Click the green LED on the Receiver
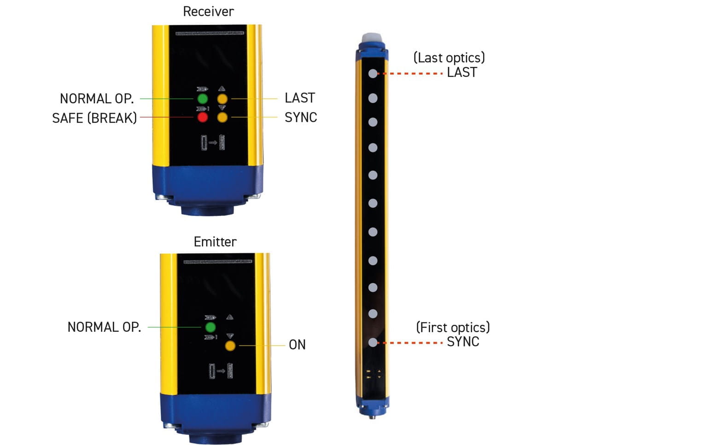click(x=202, y=99)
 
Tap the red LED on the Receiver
click(x=202, y=117)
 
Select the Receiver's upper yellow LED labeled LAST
click(x=222, y=99)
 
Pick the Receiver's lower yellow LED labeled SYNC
click(x=222, y=117)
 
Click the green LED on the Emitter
click(x=210, y=327)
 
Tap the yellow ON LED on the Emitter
click(x=230, y=346)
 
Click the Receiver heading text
click(x=209, y=12)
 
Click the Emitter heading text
click(x=215, y=242)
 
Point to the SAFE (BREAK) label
click(x=94, y=118)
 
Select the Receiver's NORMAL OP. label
click(x=97, y=99)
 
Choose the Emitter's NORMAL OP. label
click(x=104, y=327)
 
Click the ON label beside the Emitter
click(x=297, y=345)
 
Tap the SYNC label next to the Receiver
click(x=301, y=117)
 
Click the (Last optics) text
click(x=449, y=58)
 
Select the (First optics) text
click(x=453, y=328)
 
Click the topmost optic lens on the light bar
click(x=373, y=74)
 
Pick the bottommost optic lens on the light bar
click(x=373, y=342)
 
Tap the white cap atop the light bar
click(x=372, y=37)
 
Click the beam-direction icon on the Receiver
click(x=213, y=142)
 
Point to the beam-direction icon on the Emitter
click(x=221, y=371)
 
